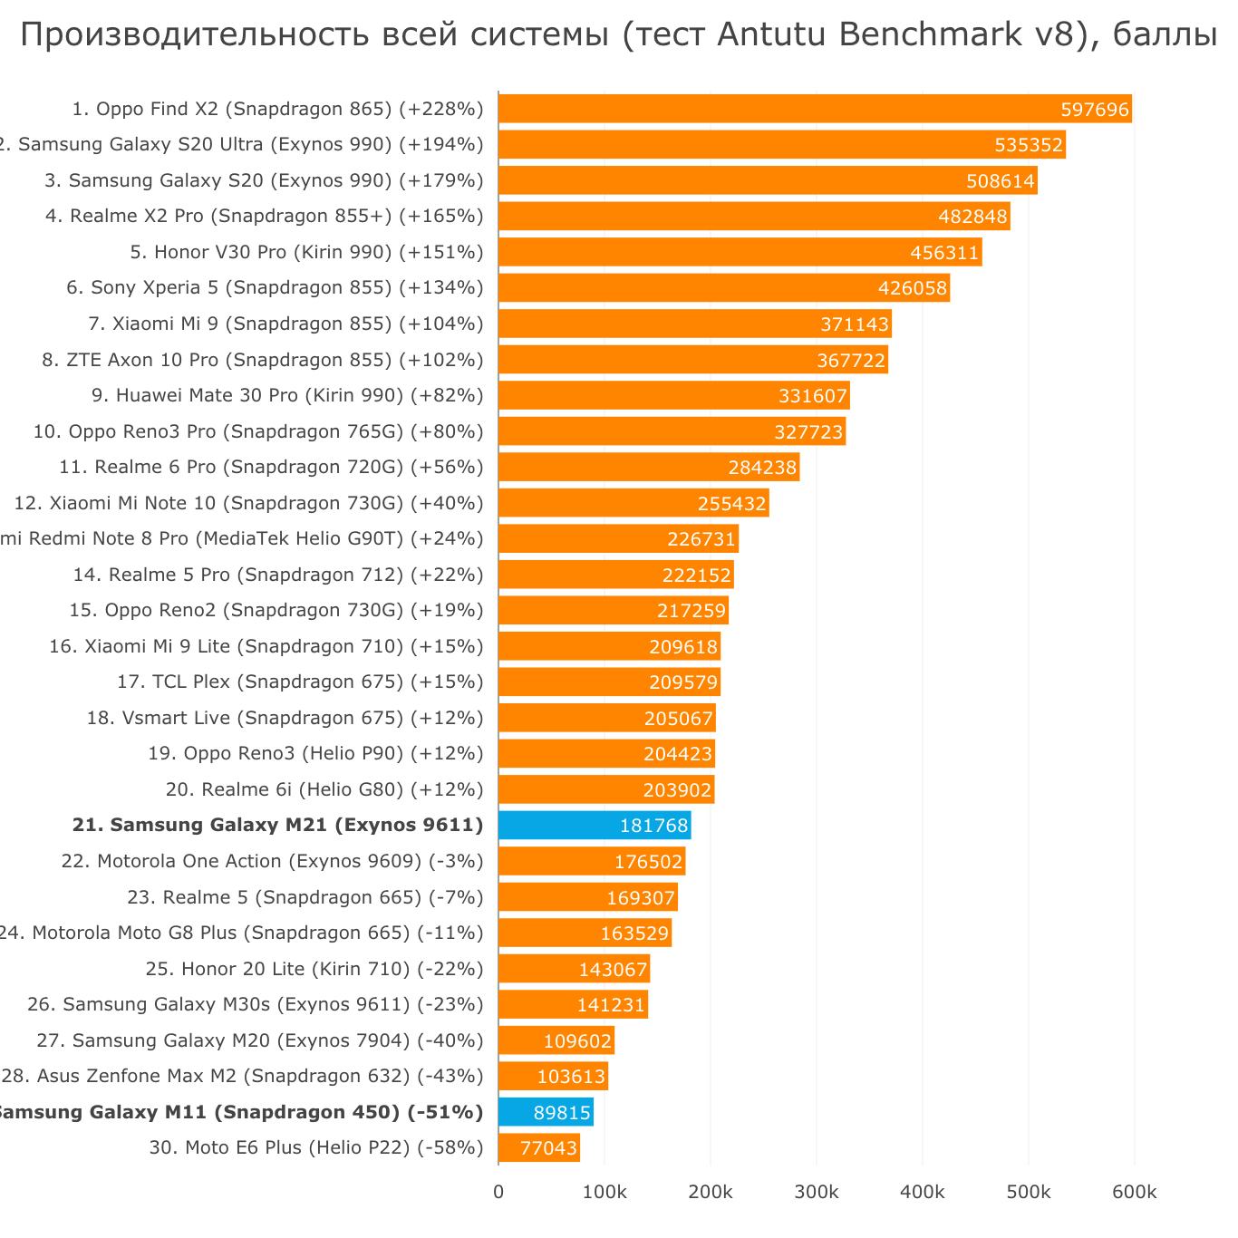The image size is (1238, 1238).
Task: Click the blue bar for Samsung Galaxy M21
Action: click(x=594, y=826)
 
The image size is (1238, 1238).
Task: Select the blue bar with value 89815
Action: click(x=546, y=1112)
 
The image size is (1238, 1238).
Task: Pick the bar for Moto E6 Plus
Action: click(x=538, y=1148)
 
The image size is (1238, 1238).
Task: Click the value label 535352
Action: click(x=1028, y=145)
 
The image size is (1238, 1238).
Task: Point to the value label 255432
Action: click(x=731, y=503)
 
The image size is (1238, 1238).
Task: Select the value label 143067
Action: click(x=613, y=969)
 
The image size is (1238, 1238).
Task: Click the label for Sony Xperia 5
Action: click(x=275, y=288)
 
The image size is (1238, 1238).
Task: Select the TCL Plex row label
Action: click(x=300, y=682)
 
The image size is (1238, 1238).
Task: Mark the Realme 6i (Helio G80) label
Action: click(x=324, y=789)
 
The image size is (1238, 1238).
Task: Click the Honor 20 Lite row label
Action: click(x=314, y=969)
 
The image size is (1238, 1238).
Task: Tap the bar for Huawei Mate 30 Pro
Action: click(x=673, y=395)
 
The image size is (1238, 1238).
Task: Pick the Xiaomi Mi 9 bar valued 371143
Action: click(x=694, y=324)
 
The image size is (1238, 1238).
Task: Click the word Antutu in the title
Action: click(x=773, y=34)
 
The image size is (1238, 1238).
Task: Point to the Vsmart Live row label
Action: click(x=285, y=718)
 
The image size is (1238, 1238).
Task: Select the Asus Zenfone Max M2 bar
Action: click(x=553, y=1077)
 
